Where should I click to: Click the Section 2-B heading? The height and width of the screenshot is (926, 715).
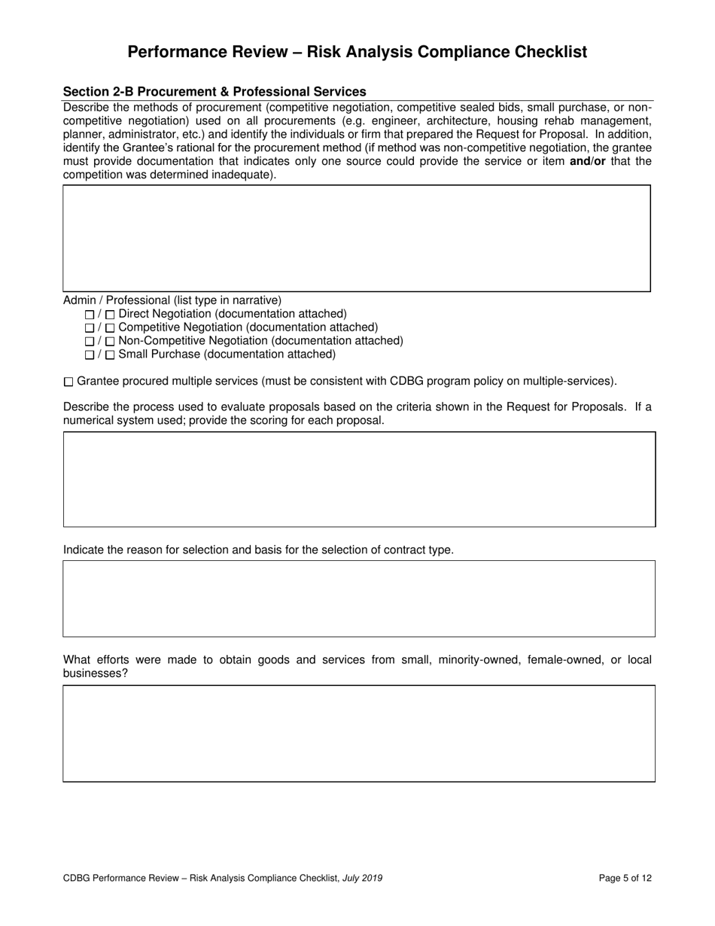coord(214,92)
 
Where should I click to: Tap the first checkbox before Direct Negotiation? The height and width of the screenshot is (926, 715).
coord(90,314)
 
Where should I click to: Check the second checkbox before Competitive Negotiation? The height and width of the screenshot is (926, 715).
coord(110,327)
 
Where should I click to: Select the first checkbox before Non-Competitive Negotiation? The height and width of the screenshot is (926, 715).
coord(90,341)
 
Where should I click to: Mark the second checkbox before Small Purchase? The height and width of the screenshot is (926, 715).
coord(110,355)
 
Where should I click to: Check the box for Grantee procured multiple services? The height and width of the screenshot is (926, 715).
coord(69,382)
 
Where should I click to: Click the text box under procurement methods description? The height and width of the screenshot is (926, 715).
coord(356,238)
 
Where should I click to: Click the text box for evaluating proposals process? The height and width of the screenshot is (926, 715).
coord(359,479)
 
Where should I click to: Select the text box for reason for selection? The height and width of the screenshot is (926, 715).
coord(359,599)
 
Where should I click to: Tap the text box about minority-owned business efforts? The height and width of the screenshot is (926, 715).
coord(359,733)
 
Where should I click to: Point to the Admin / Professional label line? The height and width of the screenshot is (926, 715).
coord(172,300)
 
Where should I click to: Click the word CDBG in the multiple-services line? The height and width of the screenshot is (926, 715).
coord(404,381)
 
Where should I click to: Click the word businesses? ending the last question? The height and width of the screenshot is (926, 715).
coord(95,674)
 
